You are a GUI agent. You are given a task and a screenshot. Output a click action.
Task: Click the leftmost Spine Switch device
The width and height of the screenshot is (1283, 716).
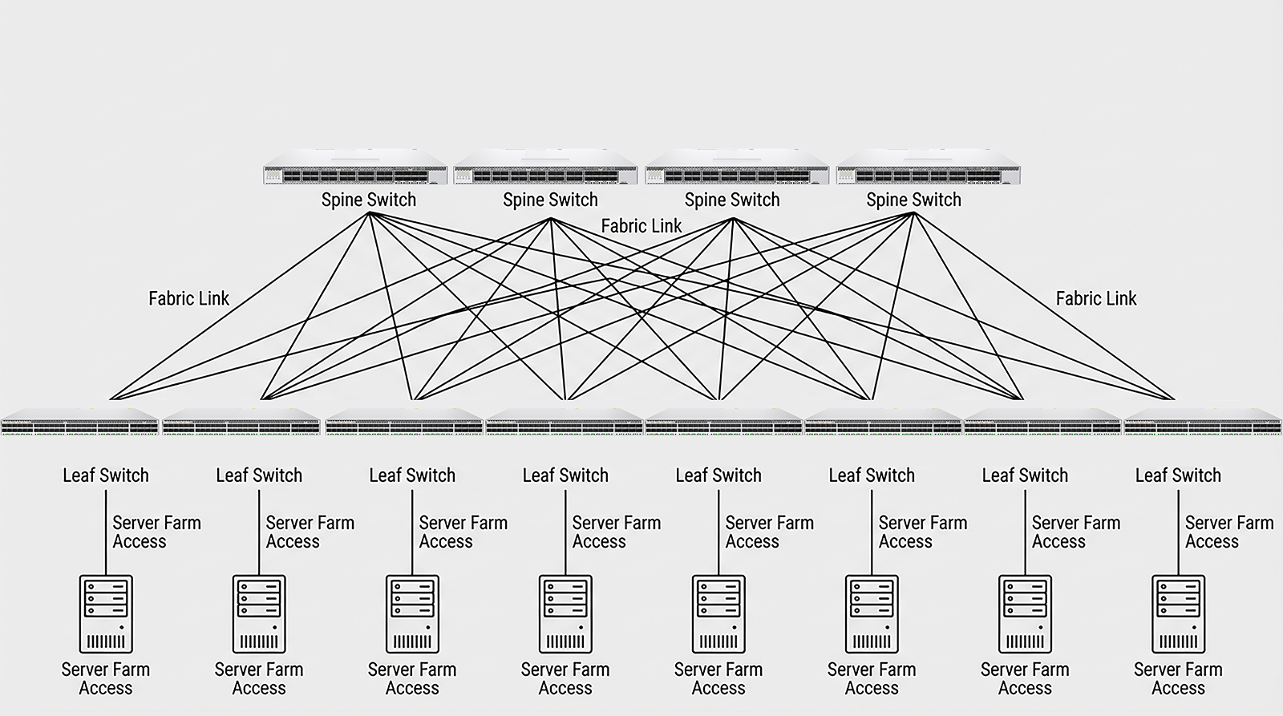tap(355, 167)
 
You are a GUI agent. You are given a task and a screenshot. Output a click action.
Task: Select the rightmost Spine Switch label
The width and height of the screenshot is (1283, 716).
tap(913, 200)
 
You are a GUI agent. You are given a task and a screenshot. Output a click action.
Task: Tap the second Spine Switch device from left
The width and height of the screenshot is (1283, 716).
tap(545, 167)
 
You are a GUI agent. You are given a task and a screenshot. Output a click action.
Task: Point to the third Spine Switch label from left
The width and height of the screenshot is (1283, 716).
tap(732, 200)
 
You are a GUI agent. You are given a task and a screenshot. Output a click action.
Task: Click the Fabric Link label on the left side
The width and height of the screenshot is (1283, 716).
tap(189, 298)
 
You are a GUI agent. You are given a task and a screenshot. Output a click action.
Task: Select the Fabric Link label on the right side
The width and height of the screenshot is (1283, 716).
tap(1096, 298)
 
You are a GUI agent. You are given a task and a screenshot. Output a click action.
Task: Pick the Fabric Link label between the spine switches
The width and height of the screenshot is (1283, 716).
tap(641, 226)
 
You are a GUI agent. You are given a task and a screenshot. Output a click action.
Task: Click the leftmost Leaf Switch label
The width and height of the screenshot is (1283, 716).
tap(106, 475)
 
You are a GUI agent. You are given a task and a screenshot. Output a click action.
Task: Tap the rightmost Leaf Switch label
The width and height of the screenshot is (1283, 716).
tap(1178, 475)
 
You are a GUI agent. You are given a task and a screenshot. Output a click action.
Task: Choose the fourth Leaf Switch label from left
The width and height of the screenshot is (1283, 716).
tap(565, 475)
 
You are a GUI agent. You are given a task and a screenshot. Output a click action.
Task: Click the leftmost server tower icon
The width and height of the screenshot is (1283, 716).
tap(106, 614)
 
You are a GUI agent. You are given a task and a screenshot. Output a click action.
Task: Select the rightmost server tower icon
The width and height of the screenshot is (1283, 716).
tap(1178, 614)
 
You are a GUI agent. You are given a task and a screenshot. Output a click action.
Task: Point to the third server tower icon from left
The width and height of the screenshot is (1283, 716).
tap(412, 614)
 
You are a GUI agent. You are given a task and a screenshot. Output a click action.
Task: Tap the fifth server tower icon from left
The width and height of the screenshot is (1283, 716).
tap(718, 614)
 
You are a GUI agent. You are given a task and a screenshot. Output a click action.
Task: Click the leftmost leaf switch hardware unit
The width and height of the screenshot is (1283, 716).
tap(79, 423)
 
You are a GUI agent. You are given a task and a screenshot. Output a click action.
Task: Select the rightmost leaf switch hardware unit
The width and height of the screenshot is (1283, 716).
tap(1203, 423)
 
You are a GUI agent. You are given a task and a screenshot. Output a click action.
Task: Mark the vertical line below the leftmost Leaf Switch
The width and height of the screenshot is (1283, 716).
tap(106, 532)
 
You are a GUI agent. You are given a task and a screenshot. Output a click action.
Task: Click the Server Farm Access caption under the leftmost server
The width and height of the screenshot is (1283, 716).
tap(106, 679)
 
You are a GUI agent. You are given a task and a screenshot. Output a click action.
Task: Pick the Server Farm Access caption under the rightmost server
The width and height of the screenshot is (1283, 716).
tap(1178, 679)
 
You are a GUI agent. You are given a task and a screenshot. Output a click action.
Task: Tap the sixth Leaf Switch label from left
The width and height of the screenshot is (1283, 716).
tap(872, 475)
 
